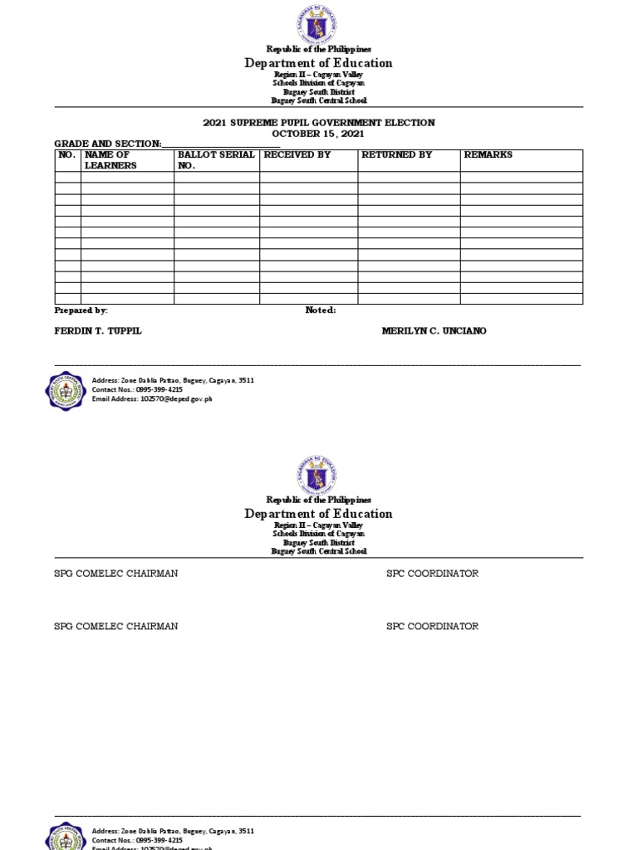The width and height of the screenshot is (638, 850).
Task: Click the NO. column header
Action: click(x=67, y=155)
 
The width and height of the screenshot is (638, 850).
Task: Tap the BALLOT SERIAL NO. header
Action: click(x=215, y=160)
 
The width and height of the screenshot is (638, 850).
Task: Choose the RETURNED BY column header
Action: click(x=395, y=155)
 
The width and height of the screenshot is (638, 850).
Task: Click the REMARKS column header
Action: click(x=488, y=155)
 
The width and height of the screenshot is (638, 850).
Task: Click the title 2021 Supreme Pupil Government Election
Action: click(x=319, y=123)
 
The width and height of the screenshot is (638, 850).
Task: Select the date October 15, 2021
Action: click(x=319, y=134)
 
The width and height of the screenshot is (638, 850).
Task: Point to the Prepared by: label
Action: click(x=81, y=310)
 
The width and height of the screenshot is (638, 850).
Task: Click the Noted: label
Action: click(x=321, y=310)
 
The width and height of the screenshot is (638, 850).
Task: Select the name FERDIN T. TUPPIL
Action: click(x=98, y=331)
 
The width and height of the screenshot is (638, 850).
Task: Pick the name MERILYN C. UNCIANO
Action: click(x=434, y=331)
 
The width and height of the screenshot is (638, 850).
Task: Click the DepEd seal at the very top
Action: click(x=318, y=24)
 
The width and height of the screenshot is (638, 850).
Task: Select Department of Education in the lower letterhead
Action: click(x=318, y=514)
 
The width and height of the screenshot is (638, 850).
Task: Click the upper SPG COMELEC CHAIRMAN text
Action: click(x=115, y=574)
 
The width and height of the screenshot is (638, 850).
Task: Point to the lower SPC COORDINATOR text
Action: click(x=432, y=627)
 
